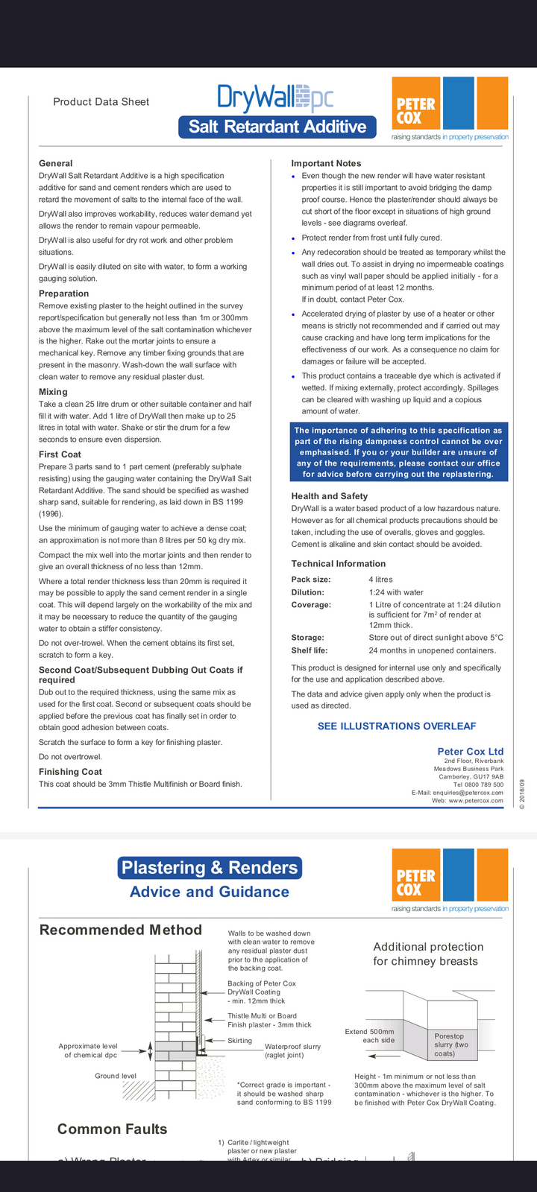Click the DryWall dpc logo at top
tap(275, 98)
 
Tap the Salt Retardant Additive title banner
tap(277, 127)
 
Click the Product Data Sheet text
tap(101, 102)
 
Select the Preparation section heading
tap(63, 294)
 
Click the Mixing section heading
tap(53, 392)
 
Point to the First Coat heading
tap(60, 454)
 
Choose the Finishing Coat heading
tap(70, 772)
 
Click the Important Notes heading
tap(326, 163)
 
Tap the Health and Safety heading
tap(329, 496)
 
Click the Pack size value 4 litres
tap(380, 580)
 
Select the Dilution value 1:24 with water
tap(395, 592)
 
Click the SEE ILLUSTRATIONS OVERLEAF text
tap(397, 726)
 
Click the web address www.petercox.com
tap(475, 801)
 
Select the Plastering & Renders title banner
tap(210, 867)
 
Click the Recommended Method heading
tap(120, 930)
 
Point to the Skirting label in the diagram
tap(239, 1041)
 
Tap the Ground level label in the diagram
tap(116, 1076)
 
